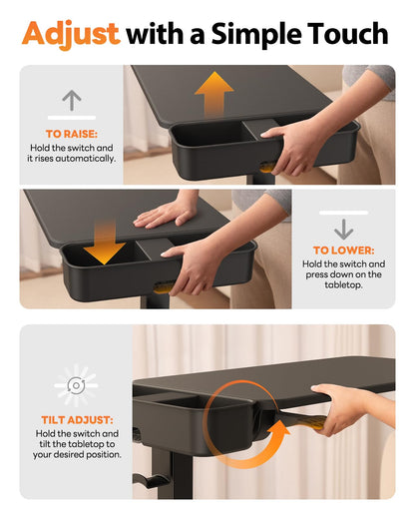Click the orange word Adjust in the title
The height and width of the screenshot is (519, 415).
[x=71, y=34]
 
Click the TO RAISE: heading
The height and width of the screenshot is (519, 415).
[x=72, y=134]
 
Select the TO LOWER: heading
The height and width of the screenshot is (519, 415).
[x=343, y=251]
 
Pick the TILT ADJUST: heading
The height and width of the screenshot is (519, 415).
[x=77, y=420]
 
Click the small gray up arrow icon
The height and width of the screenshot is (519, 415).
[x=72, y=100]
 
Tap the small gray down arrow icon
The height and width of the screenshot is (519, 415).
[x=343, y=230]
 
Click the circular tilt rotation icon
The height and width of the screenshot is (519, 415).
[x=76, y=385]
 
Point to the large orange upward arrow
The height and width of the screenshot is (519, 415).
[x=214, y=94]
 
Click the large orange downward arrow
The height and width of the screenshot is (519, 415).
[x=105, y=242]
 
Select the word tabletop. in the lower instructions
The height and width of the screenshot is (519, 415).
[x=343, y=285]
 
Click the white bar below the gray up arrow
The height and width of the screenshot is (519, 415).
[x=72, y=118]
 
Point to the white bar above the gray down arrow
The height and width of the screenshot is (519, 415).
[x=343, y=213]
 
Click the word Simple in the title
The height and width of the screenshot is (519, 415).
[x=256, y=34]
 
